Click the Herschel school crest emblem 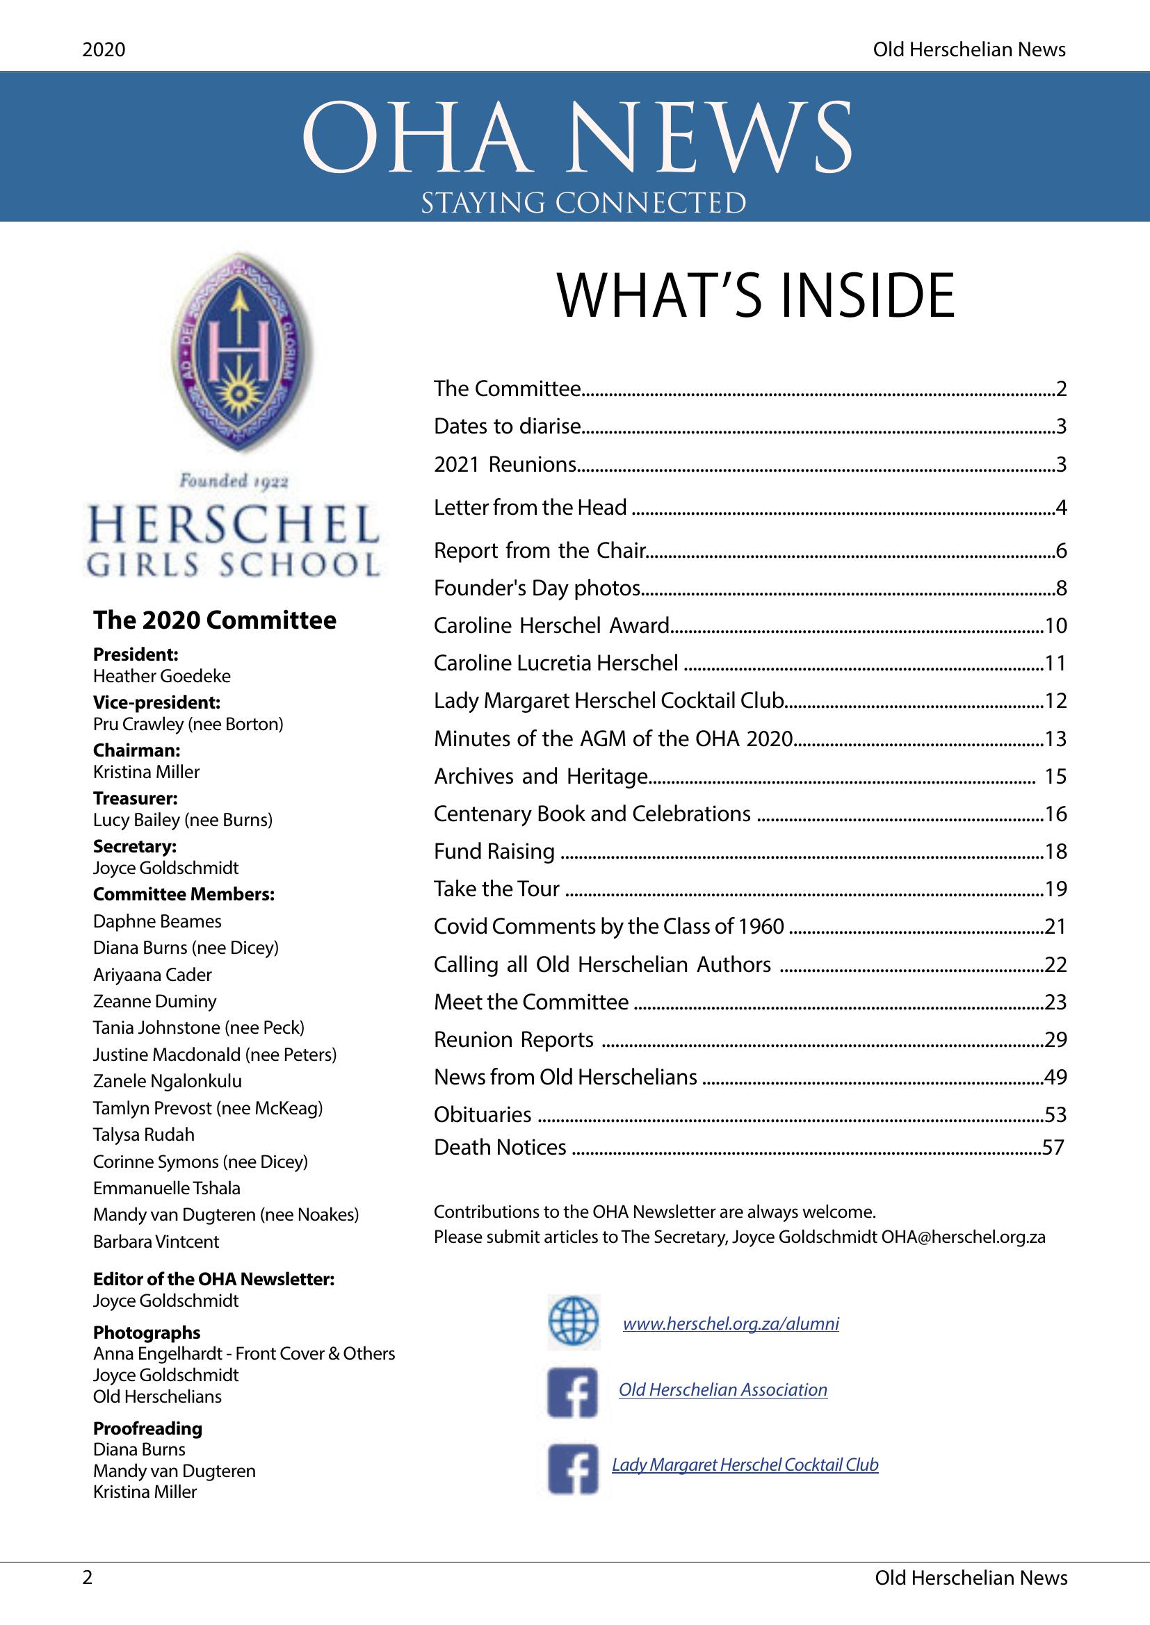241,352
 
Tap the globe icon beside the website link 573,1322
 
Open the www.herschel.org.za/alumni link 731,1323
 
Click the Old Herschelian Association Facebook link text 723,1389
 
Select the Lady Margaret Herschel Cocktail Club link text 745,1465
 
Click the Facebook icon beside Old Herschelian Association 573,1392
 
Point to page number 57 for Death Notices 1053,1146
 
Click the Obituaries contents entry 483,1114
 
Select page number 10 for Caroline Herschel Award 1055,625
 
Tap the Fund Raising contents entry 494,851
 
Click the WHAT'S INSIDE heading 755,296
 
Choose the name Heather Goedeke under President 162,676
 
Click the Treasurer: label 136,798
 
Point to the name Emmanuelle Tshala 166,1188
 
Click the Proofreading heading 147,1428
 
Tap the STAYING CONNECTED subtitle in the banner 583,203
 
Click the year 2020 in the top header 104,49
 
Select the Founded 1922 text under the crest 234,481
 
